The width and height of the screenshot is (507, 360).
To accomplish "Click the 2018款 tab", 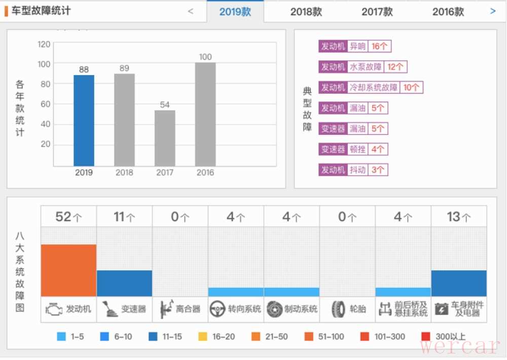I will [306, 12].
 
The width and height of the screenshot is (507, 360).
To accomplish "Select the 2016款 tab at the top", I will [448, 12].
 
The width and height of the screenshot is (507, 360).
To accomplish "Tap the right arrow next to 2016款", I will [493, 11].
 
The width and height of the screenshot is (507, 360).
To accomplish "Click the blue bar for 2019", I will [84, 120].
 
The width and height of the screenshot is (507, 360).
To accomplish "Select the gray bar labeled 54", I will [165, 138].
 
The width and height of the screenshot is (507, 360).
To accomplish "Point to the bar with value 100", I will [205, 114].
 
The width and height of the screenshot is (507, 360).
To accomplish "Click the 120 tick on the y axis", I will [44, 44].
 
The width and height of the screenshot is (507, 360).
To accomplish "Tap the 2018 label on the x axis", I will [124, 172].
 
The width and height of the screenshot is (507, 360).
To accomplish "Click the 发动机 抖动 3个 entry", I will [353, 170].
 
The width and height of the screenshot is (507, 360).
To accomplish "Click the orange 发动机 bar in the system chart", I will [68, 270].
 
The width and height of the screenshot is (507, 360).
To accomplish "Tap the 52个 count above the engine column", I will [68, 217].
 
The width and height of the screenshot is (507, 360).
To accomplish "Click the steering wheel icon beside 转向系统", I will [218, 309].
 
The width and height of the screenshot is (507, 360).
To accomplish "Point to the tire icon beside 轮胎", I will [338, 309].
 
